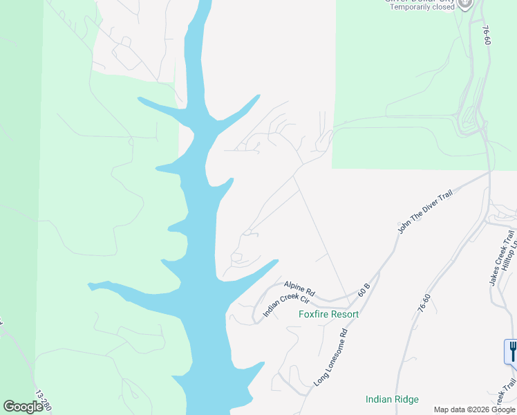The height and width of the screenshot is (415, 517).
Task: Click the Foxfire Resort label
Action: click(x=328, y=314)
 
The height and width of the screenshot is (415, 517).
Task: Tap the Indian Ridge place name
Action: click(x=391, y=399)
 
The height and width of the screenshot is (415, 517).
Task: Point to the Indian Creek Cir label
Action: click(x=285, y=306)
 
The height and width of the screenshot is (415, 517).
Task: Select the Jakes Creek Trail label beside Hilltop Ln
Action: click(x=500, y=263)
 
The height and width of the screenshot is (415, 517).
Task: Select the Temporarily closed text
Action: click(x=422, y=8)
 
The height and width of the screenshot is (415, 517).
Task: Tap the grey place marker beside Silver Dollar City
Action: click(x=466, y=3)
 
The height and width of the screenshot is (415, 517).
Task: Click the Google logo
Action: click(x=23, y=407)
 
